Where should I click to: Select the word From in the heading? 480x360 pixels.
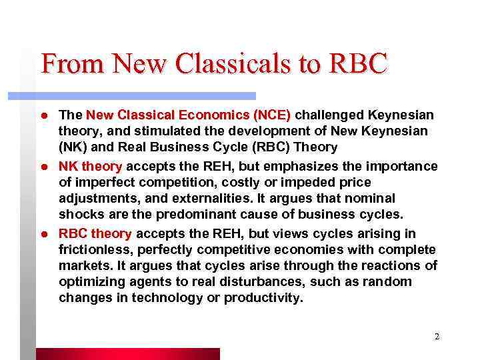(x=72, y=64)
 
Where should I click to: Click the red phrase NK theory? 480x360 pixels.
(x=91, y=166)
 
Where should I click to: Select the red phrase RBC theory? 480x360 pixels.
(x=95, y=233)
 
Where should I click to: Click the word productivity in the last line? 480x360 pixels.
(x=263, y=297)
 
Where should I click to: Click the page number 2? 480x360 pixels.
(x=437, y=337)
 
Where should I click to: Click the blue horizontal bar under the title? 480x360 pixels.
(x=147, y=96)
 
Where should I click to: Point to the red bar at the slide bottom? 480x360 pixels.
(x=127, y=354)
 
